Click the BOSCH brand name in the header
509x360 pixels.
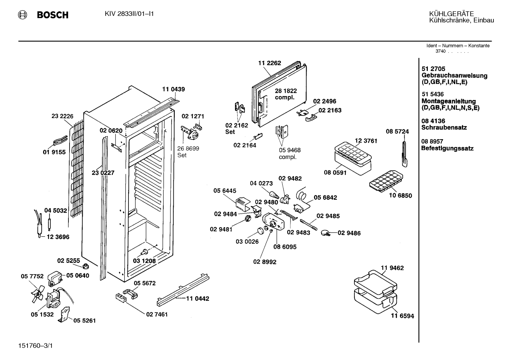53,15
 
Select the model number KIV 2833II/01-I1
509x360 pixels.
129,14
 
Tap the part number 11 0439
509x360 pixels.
173,89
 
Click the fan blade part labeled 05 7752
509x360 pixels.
37,294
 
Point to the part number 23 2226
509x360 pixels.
62,116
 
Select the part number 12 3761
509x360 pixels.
366,141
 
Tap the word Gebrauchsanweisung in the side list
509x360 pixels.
455,76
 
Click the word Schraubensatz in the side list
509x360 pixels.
444,128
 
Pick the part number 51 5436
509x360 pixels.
433,94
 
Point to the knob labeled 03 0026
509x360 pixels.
261,230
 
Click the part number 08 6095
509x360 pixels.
285,247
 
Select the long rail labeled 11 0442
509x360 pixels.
183,290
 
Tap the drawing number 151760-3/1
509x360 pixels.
35,346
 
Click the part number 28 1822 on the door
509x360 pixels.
286,91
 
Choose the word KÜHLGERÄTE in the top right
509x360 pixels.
451,14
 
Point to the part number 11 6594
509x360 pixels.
402,316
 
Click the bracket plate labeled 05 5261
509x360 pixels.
65,314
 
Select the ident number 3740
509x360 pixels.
441,51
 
